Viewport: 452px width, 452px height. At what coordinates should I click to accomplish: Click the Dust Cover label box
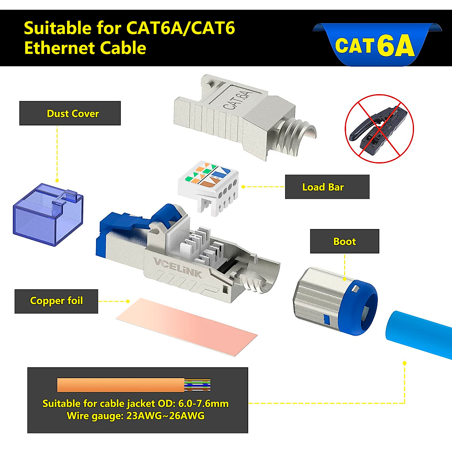[70, 113]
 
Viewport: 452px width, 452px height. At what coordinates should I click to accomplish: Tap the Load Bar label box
[327, 187]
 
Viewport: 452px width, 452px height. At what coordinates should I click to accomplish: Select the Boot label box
[344, 241]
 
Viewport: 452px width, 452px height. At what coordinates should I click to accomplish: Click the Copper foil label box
[56, 301]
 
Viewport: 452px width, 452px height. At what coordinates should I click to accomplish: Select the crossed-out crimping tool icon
[379, 128]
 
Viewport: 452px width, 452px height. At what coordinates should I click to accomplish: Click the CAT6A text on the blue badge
[374, 46]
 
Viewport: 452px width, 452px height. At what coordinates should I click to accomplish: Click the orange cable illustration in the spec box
[121, 385]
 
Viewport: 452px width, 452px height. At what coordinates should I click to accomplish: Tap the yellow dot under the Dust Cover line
[57, 181]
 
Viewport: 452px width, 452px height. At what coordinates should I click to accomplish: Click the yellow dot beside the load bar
[244, 187]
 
